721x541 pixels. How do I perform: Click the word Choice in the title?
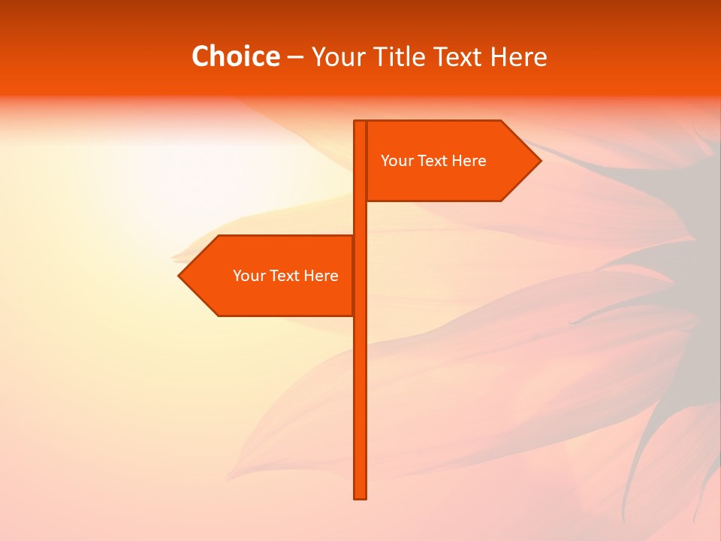pos(236,56)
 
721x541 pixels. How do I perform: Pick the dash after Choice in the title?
pos(295,58)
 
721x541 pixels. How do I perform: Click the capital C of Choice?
pos(201,56)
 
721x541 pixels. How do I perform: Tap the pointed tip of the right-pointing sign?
pos(539,161)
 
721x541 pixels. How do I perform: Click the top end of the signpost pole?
pos(360,122)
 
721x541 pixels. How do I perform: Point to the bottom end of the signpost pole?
pos(360,497)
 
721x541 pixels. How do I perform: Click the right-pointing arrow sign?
pos(451,180)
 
